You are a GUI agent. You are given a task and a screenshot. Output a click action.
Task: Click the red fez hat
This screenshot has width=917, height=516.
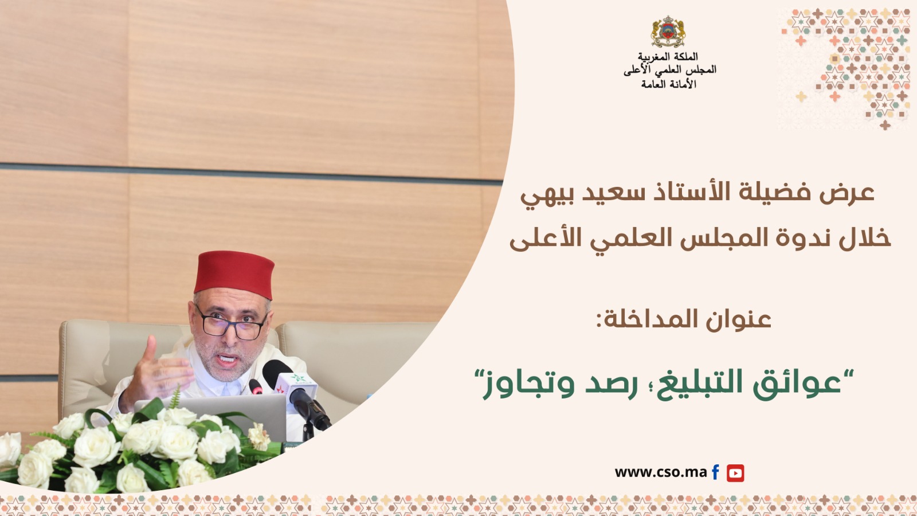(x=234, y=274)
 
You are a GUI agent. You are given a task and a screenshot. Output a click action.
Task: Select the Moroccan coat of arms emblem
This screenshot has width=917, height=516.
(x=668, y=32)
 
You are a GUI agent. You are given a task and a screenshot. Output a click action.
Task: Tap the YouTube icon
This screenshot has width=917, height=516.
(x=735, y=473)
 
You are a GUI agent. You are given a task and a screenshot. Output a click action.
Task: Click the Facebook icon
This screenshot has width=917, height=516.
(x=715, y=472)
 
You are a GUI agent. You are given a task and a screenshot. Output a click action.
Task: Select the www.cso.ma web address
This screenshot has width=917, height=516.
(x=661, y=472)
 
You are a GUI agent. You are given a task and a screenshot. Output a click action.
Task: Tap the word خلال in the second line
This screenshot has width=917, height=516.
(x=864, y=237)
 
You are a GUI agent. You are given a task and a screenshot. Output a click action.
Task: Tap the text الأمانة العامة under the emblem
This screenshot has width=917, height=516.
(x=668, y=84)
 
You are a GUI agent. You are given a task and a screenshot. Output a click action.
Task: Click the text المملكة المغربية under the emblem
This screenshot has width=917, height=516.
(x=668, y=56)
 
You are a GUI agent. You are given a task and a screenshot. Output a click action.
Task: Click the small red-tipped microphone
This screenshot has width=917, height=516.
(x=256, y=386)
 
